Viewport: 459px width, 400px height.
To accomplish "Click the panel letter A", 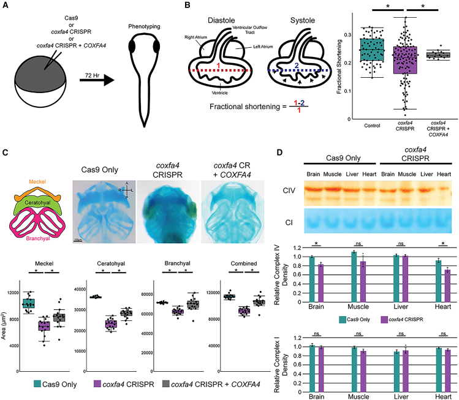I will (6, 6).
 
